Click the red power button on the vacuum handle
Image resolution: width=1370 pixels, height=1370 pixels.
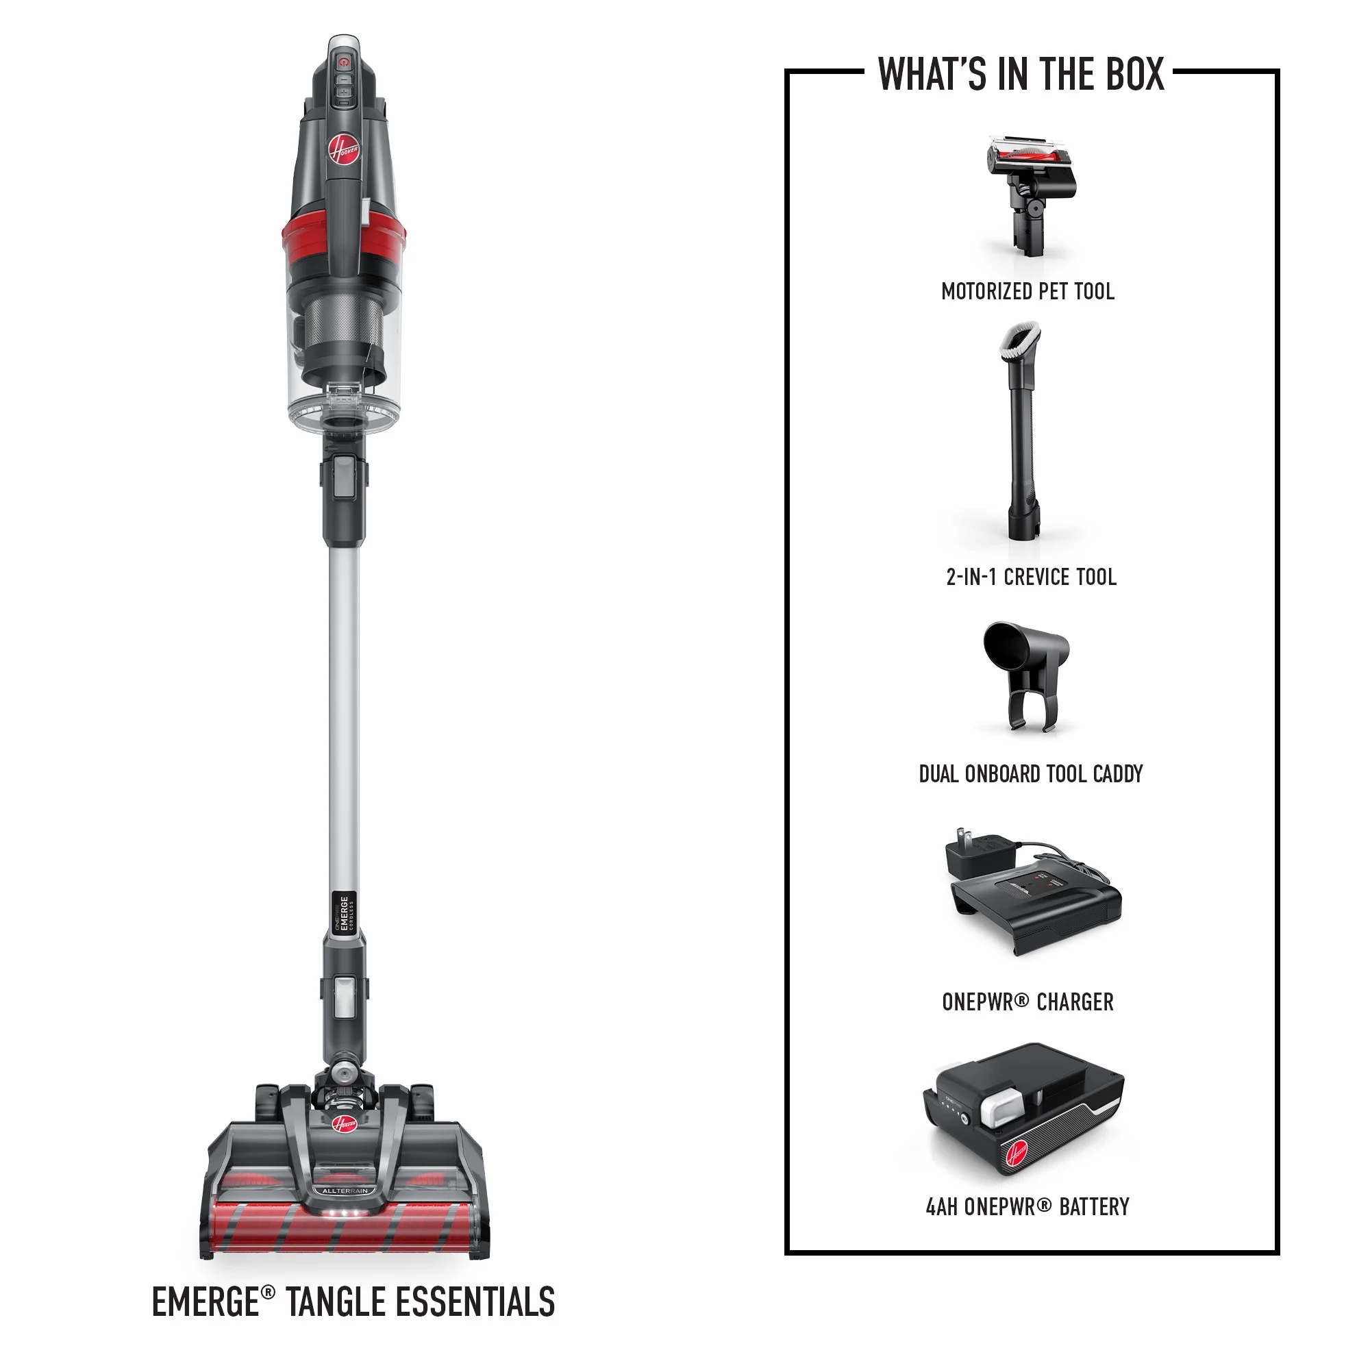344,62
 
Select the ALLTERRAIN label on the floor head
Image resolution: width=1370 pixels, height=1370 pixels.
345,1191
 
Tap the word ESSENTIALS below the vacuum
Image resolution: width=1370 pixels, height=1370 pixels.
475,1302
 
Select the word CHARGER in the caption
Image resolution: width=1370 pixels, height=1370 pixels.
1075,1002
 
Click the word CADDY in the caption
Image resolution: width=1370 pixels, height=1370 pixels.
1119,773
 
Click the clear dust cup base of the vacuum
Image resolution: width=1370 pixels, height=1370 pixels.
345,408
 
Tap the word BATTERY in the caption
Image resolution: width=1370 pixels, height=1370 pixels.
1094,1207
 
